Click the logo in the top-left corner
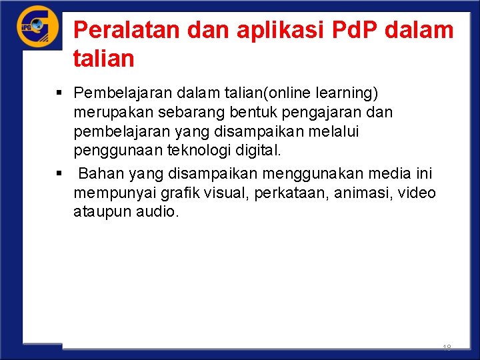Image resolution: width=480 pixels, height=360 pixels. click(x=37, y=26)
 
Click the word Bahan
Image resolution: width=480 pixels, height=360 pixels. click(x=101, y=174)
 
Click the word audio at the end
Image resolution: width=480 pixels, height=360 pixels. click(x=158, y=213)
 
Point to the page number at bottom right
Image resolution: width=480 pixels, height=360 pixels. click(x=447, y=347)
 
